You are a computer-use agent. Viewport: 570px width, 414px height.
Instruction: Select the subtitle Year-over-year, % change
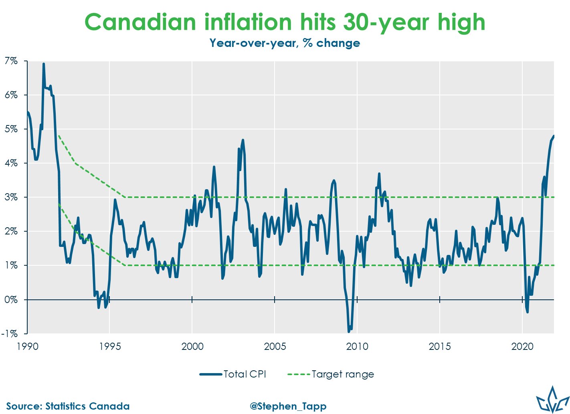285,43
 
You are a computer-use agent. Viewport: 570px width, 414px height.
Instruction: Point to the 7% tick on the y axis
11,61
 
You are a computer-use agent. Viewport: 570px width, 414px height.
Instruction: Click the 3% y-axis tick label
11,197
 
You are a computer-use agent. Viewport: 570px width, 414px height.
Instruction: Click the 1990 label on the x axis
28,346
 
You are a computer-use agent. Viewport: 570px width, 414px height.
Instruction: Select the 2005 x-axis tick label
275,346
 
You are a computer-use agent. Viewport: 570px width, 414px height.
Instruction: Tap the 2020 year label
522,346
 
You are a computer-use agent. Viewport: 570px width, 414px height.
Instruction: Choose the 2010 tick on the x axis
357,346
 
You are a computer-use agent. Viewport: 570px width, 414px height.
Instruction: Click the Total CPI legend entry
233,374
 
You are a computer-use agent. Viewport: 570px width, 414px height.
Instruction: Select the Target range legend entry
331,374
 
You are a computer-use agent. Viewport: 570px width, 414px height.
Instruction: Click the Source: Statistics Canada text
68,406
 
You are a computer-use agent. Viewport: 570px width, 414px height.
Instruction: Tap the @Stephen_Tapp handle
288,406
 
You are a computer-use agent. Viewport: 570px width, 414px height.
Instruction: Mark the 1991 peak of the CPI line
44,64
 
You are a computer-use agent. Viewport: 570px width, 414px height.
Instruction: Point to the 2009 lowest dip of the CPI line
349,331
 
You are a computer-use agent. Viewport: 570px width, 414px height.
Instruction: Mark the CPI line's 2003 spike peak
243,140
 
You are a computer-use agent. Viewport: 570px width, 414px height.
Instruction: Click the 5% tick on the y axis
11,129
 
